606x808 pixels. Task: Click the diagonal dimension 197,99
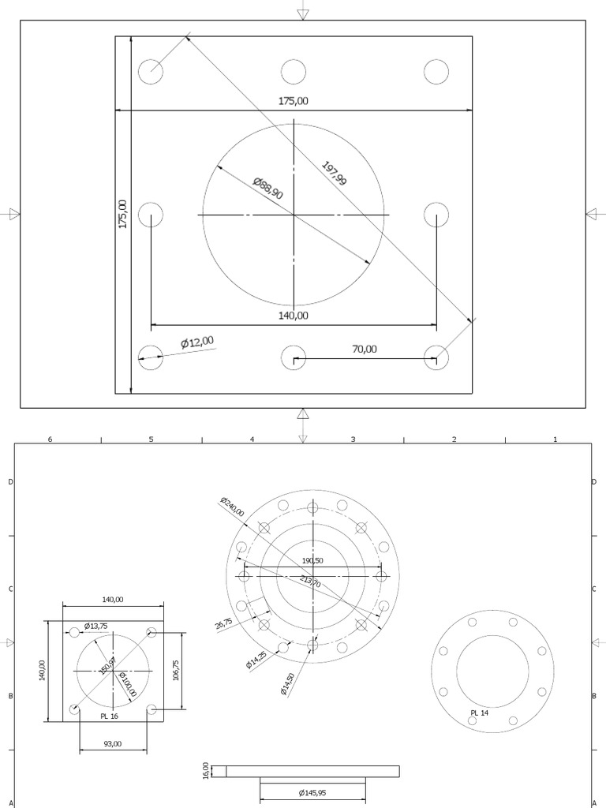coord(334,174)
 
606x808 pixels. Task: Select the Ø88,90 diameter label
coord(268,188)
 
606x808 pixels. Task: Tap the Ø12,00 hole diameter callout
coord(196,342)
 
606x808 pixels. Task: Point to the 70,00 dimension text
coord(364,349)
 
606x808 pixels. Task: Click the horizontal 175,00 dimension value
coord(293,101)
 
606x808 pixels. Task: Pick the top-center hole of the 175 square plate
coord(293,71)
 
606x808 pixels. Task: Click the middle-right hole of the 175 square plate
coord(436,215)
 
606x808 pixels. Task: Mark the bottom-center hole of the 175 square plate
coord(293,357)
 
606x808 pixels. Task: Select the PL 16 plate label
coord(109,716)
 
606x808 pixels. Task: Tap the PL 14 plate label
coord(480,713)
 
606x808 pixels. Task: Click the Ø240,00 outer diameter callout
coord(232,507)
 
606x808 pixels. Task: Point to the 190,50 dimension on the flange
coord(312,560)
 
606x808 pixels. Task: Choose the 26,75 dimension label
coord(223,623)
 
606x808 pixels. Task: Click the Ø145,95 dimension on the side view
coord(312,792)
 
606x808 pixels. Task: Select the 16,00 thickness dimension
coord(206,770)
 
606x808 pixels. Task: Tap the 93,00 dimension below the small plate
coord(113,743)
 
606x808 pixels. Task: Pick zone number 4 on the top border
coord(252,439)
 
